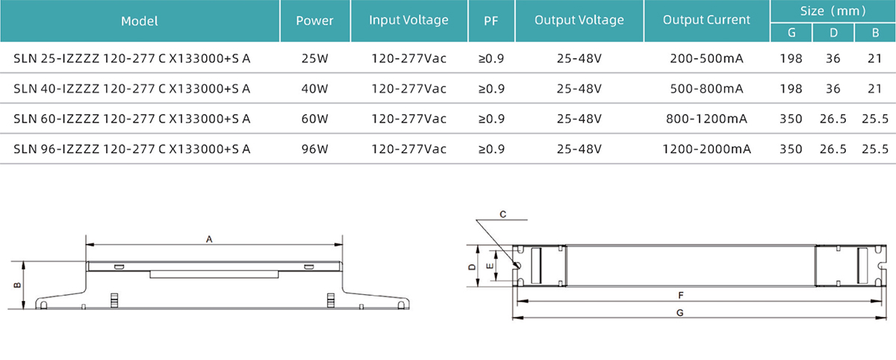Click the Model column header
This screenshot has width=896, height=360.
[x=139, y=21]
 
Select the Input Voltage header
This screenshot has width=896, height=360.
[x=408, y=20]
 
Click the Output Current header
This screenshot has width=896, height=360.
[x=706, y=20]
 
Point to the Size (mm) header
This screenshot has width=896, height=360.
[x=833, y=11]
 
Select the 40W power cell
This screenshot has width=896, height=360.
[x=314, y=89]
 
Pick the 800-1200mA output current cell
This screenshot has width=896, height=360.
[x=706, y=119]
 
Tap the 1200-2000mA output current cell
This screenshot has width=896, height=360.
[x=706, y=149]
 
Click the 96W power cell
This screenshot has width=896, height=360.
[x=314, y=149]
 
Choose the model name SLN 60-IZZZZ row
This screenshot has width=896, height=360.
[x=132, y=119]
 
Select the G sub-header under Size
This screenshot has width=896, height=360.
[x=791, y=32]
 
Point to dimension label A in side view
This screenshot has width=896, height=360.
[x=210, y=239]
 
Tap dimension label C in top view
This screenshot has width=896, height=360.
[x=503, y=214]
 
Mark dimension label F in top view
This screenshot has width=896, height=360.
[x=679, y=295]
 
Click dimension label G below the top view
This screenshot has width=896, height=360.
[x=679, y=314]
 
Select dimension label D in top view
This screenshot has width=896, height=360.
[x=471, y=266]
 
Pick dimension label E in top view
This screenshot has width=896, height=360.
[x=490, y=266]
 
